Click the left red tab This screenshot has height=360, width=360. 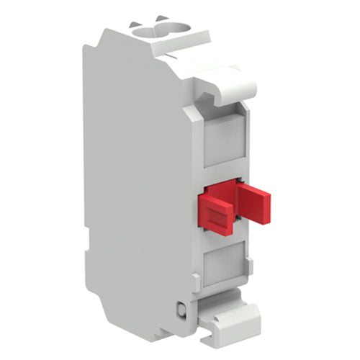click(216, 214)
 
